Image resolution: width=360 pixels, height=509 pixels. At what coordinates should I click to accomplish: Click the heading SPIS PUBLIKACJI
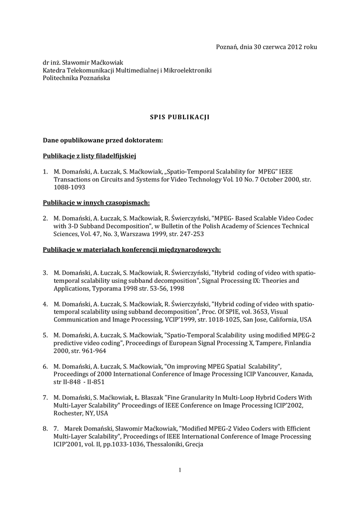(180, 117)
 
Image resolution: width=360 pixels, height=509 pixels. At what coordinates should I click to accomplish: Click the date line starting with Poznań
(266, 47)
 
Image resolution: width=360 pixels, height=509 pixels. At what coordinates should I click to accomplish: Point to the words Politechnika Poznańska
(77, 78)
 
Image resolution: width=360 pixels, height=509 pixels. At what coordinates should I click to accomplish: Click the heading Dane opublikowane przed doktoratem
(103, 140)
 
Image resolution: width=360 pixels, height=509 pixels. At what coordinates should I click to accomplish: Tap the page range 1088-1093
(70, 187)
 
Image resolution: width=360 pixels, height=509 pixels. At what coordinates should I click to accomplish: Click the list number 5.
(45, 335)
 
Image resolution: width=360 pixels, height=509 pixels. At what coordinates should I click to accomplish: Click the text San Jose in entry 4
(259, 320)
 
